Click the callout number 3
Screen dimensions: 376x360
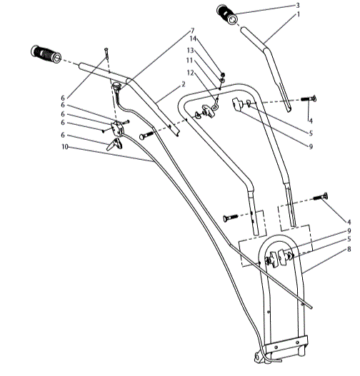[298, 6]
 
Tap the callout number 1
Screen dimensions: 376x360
[298, 14]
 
